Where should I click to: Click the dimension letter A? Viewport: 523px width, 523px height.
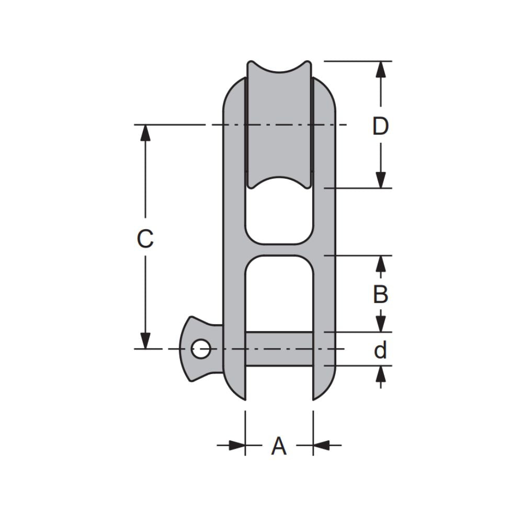[279, 446]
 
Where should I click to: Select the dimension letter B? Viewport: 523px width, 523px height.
[381, 295]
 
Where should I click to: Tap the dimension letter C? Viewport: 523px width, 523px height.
[145, 239]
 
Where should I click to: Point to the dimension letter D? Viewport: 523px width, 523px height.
[381, 126]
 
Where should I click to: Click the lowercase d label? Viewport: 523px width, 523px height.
[381, 350]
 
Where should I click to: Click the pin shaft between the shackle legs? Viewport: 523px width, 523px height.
[279, 348]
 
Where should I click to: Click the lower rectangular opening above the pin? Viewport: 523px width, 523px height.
[279, 293]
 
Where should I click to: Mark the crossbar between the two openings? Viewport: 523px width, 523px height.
[279, 250]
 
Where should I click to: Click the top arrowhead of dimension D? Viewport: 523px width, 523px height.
[381, 69]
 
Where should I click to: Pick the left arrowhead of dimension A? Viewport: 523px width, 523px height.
[237, 446]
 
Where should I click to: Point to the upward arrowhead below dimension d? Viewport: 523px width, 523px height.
[381, 373]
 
